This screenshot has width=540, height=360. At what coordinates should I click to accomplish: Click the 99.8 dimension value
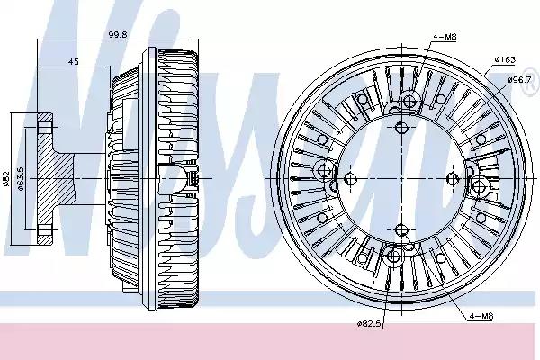[118, 35]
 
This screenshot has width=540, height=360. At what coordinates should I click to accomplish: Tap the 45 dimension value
[74, 62]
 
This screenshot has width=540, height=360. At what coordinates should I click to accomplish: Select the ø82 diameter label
[6, 179]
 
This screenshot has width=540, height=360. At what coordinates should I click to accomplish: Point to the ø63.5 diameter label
[21, 179]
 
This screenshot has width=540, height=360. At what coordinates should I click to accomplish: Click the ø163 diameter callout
[505, 59]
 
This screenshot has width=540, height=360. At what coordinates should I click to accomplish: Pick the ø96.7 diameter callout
[519, 80]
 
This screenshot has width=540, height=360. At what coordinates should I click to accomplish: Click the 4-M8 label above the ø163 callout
[445, 37]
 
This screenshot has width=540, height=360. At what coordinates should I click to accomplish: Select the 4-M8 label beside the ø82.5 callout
[481, 316]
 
